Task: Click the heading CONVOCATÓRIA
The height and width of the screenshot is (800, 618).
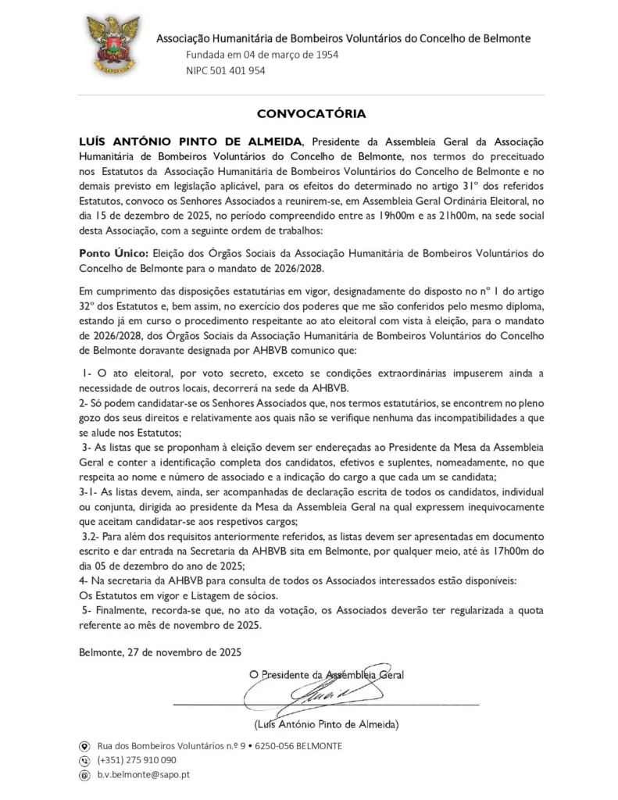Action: (x=311, y=113)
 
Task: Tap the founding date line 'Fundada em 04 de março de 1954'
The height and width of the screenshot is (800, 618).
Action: (x=262, y=55)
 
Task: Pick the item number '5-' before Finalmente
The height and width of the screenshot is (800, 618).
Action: (x=89, y=609)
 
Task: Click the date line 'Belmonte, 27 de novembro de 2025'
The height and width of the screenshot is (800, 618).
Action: (x=160, y=652)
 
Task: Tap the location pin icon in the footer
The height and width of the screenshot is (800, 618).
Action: (x=85, y=746)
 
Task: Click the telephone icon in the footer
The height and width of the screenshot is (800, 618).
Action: (x=85, y=760)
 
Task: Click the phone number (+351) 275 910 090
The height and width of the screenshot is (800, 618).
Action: (x=137, y=760)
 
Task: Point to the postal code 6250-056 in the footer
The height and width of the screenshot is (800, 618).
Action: (x=279, y=746)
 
